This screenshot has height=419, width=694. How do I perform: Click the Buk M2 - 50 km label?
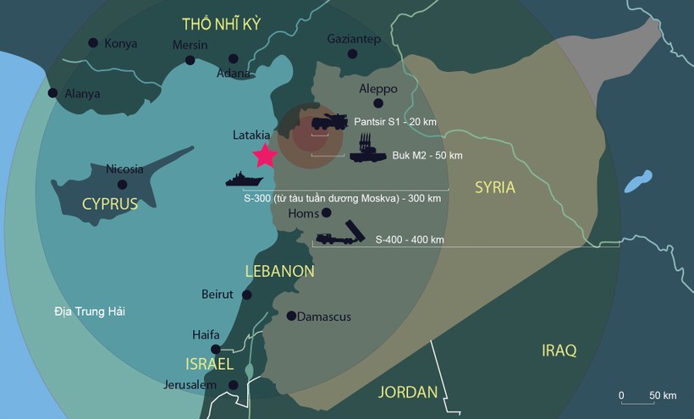[x=427, y=156]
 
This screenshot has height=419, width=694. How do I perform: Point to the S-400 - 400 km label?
[x=410, y=240]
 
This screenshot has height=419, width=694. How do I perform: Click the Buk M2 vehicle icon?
[x=367, y=153]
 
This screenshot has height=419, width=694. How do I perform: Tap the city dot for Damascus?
[x=291, y=317]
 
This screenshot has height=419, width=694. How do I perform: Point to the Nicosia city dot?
[x=123, y=184]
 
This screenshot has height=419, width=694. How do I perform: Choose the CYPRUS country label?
[x=110, y=204]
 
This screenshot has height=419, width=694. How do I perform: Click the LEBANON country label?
[x=279, y=272]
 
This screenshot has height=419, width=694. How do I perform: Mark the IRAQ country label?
[x=559, y=350]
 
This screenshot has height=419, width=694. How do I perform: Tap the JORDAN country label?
[x=408, y=392]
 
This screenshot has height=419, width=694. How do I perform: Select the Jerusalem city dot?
[x=234, y=385]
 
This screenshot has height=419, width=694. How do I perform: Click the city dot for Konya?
[x=92, y=43]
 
